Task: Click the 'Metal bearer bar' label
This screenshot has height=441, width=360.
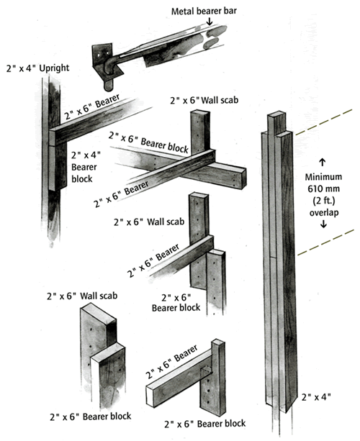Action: click(x=204, y=11)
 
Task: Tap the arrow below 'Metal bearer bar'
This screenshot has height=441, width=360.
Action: click(x=209, y=22)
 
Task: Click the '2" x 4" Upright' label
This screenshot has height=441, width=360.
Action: click(x=37, y=68)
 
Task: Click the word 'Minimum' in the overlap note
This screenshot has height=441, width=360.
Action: click(x=323, y=177)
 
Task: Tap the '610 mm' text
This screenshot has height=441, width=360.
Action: click(x=323, y=188)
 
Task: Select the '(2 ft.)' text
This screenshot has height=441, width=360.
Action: click(x=323, y=201)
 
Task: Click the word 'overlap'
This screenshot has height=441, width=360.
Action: click(x=324, y=212)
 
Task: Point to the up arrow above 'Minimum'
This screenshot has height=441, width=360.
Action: click(x=323, y=163)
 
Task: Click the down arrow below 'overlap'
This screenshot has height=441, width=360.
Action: click(x=323, y=224)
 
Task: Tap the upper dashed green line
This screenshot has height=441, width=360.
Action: click(x=324, y=122)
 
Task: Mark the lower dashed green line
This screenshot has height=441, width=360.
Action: click(x=325, y=242)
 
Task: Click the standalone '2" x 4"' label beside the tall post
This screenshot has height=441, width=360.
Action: click(x=316, y=397)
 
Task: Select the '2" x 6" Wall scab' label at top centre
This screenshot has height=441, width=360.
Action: click(x=204, y=100)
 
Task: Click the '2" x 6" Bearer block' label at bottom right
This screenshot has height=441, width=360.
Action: click(x=205, y=424)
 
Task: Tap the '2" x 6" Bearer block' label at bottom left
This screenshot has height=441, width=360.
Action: click(x=90, y=417)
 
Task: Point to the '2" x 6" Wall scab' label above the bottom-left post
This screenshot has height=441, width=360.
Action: click(x=82, y=296)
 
